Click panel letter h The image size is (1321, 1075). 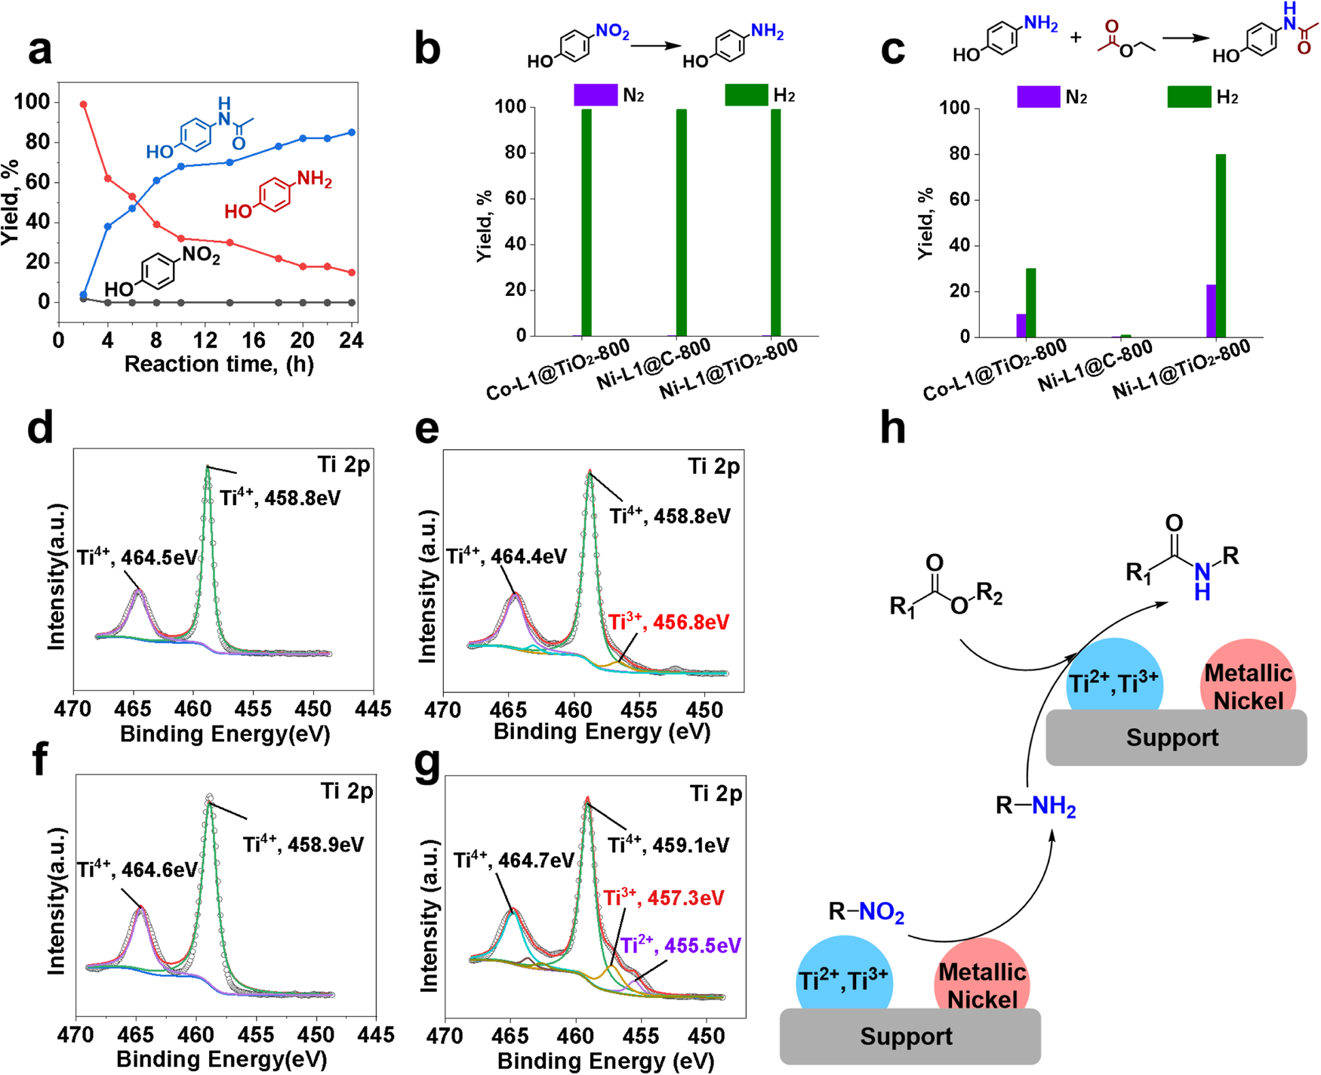click(894, 428)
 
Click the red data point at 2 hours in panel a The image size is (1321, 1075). click(84, 105)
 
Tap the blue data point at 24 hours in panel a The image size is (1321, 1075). click(352, 133)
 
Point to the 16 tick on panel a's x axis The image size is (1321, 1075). click(254, 340)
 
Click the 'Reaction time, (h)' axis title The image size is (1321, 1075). click(219, 365)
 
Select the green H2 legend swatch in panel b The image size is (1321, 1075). click(746, 95)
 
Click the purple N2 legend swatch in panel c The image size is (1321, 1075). click(1038, 97)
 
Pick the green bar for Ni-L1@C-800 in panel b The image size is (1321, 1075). click(682, 223)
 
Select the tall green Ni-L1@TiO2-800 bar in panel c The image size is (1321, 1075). click(1221, 245)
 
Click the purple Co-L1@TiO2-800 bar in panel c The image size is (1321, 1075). click(1021, 325)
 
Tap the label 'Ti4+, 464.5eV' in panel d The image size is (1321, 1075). click(137, 558)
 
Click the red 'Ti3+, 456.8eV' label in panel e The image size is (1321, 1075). click(669, 623)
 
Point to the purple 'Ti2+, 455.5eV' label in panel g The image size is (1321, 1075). click(680, 946)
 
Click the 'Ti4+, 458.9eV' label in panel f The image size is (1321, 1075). click(303, 844)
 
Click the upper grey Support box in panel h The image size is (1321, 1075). click(1175, 738)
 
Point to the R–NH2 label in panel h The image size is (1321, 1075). click(1036, 806)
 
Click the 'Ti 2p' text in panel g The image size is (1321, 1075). click(716, 793)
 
